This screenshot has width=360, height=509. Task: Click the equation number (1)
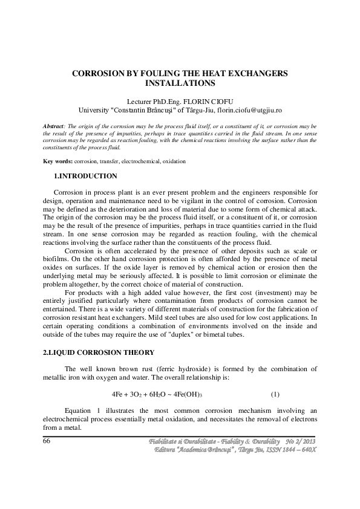point(275,394)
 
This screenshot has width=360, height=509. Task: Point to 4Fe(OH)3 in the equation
point(187,394)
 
